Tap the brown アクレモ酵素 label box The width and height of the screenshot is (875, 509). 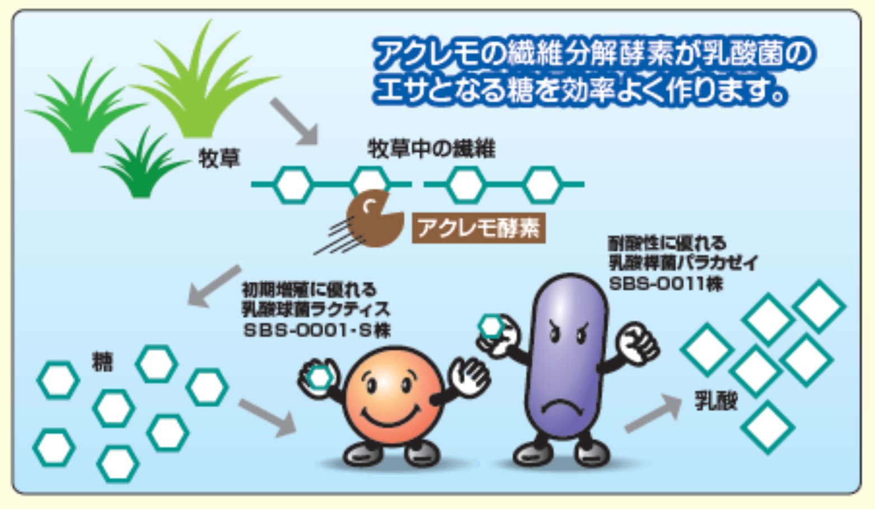point(478,228)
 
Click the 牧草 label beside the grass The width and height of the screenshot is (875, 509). point(219,158)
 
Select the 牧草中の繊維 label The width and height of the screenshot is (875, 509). point(431,149)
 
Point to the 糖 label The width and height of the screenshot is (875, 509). point(102,362)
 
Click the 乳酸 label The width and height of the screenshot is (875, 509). point(716,400)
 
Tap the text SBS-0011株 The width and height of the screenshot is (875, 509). point(666,284)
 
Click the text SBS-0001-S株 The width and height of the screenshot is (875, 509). point(317,330)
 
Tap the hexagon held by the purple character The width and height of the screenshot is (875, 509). point(492,326)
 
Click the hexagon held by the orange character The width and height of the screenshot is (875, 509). point(320,378)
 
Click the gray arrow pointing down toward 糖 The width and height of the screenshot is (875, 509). point(213,285)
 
